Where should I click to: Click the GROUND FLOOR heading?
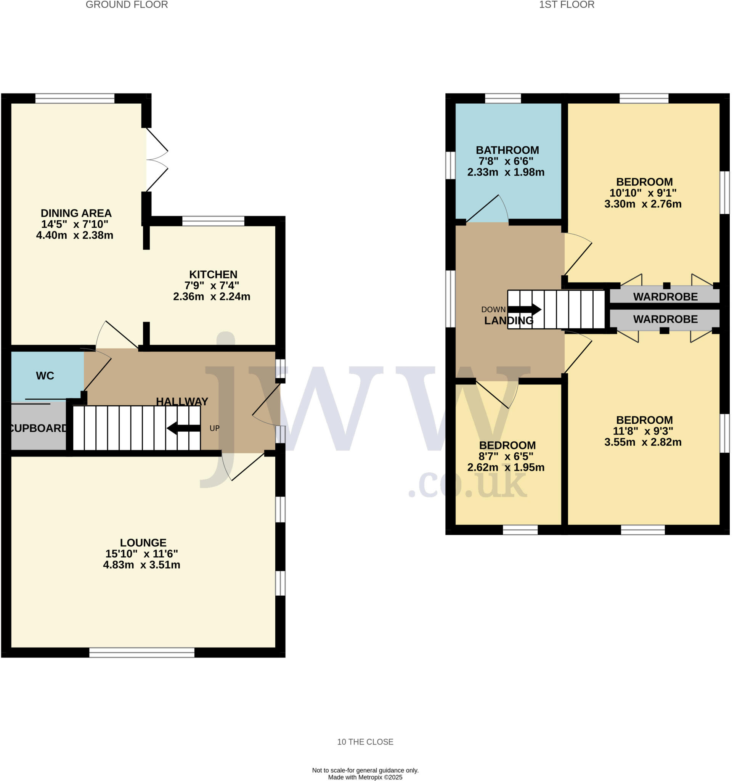[x=127, y=5]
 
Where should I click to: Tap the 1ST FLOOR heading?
[x=566, y=5]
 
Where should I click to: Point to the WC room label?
[x=45, y=376]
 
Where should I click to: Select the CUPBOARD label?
[x=38, y=428]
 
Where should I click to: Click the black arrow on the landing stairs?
[x=525, y=310]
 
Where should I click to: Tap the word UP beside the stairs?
[x=214, y=428]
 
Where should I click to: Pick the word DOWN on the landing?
[x=494, y=310]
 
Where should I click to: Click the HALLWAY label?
[x=182, y=402]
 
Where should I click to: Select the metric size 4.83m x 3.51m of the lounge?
[x=142, y=565]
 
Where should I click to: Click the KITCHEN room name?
[x=213, y=275]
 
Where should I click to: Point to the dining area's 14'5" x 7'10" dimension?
[x=75, y=224]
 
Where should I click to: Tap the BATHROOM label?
[x=507, y=150]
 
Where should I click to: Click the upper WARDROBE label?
[x=666, y=297]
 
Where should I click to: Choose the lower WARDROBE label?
[x=666, y=320]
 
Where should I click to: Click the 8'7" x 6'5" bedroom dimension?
[x=506, y=456]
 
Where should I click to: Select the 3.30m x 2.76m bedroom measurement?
[x=643, y=204]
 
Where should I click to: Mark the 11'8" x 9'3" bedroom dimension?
[x=643, y=431]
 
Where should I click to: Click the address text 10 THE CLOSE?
[x=365, y=742]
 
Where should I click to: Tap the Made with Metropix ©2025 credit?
[x=365, y=778]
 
